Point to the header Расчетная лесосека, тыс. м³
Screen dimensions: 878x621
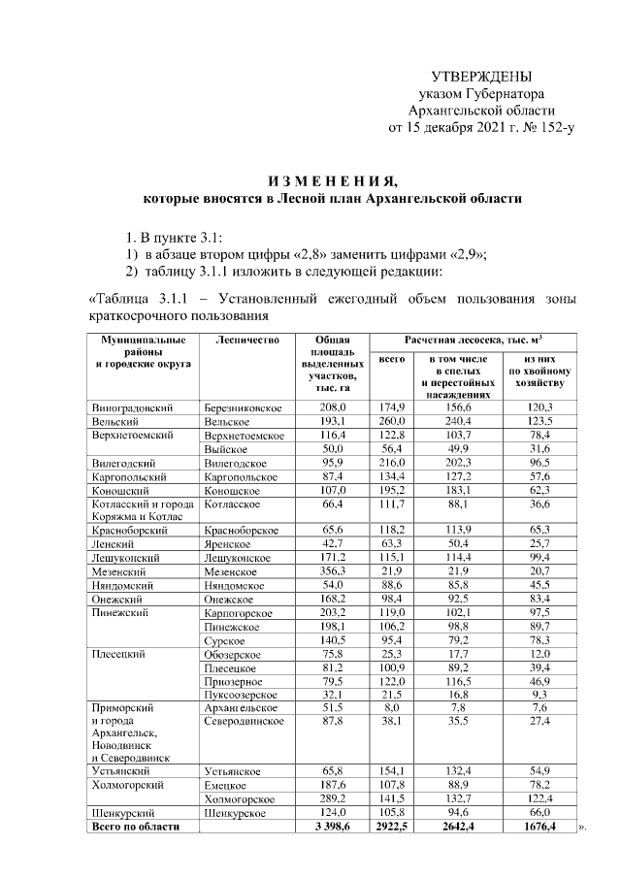coord(474,341)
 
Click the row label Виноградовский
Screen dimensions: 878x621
coord(132,407)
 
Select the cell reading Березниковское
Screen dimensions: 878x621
coord(244,407)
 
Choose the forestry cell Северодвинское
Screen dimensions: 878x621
coord(245,721)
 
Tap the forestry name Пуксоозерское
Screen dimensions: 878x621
coord(241,696)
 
